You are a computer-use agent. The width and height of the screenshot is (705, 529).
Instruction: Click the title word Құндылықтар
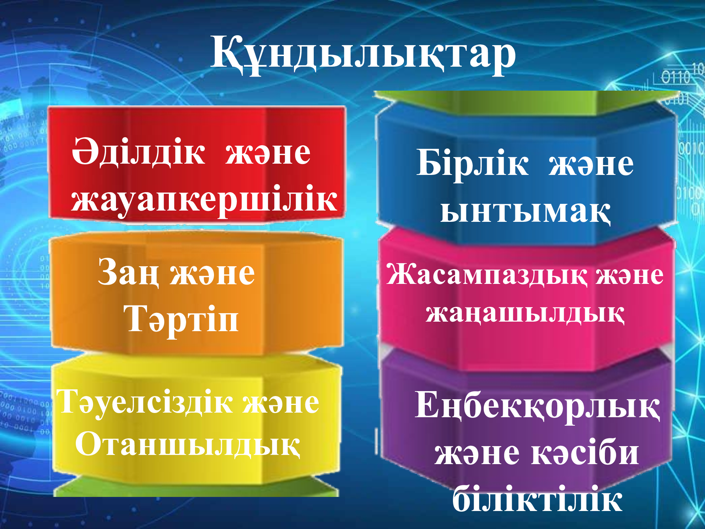(363, 54)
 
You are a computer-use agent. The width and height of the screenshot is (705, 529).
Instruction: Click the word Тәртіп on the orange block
(181, 320)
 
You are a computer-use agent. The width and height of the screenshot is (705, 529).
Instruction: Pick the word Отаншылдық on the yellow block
(188, 444)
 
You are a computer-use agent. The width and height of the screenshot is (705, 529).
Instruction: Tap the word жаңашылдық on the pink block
(525, 313)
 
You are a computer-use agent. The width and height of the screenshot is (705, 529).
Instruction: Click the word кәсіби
(585, 453)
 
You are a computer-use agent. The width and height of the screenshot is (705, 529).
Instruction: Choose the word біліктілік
(537, 498)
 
